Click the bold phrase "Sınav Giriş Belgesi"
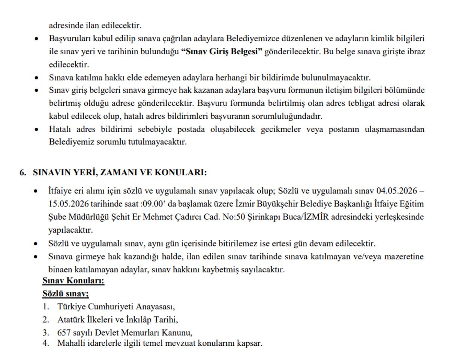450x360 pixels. click(x=222, y=52)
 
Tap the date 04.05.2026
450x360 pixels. click(x=397, y=191)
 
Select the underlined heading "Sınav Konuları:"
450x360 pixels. click(x=73, y=281)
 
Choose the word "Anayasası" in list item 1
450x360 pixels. click(x=156, y=306)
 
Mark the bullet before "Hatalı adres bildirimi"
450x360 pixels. click(x=36, y=130)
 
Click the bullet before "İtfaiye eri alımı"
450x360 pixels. click(x=36, y=191)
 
